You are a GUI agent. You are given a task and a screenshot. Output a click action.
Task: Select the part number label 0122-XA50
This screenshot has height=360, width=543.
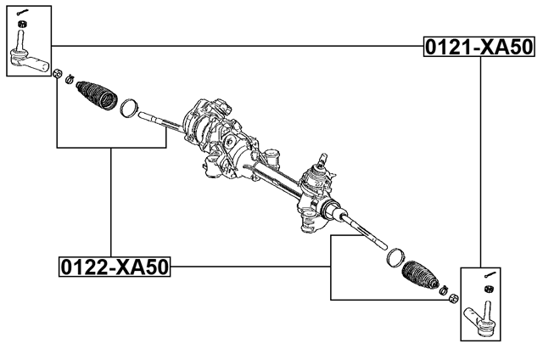point(114,267)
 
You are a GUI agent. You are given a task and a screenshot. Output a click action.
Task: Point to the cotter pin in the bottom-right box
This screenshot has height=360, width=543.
point(490,273)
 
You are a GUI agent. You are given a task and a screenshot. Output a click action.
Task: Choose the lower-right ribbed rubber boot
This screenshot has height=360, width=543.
point(422,275)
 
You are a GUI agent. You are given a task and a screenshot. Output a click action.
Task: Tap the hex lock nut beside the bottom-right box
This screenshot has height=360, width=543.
point(454,298)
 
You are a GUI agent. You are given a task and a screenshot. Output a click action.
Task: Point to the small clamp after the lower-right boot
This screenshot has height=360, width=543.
point(444,291)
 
